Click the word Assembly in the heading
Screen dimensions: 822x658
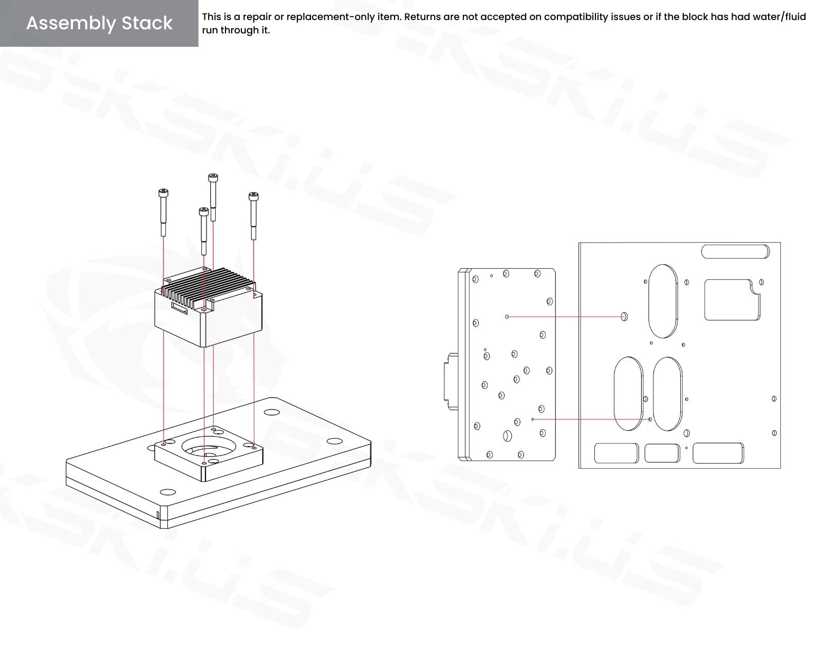pos(71,24)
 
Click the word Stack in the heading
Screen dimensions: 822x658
pos(147,23)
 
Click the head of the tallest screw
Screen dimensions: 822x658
pos(213,178)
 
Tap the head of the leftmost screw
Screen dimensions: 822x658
pos(163,193)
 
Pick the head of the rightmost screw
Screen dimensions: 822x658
pos(253,196)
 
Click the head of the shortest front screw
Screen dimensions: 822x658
pos(203,211)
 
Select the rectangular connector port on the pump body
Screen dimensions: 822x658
pos(179,308)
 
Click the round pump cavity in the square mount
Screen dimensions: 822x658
pos(206,447)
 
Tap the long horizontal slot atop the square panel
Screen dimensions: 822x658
pos(735,251)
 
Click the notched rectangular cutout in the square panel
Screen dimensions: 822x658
pos(732,300)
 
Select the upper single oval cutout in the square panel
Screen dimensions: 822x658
pos(663,301)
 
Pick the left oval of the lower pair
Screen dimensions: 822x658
pos(628,394)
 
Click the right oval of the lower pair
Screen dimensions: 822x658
pos(667,394)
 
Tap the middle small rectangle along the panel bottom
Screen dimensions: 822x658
pos(662,453)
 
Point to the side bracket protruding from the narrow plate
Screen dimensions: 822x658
pos(451,381)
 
